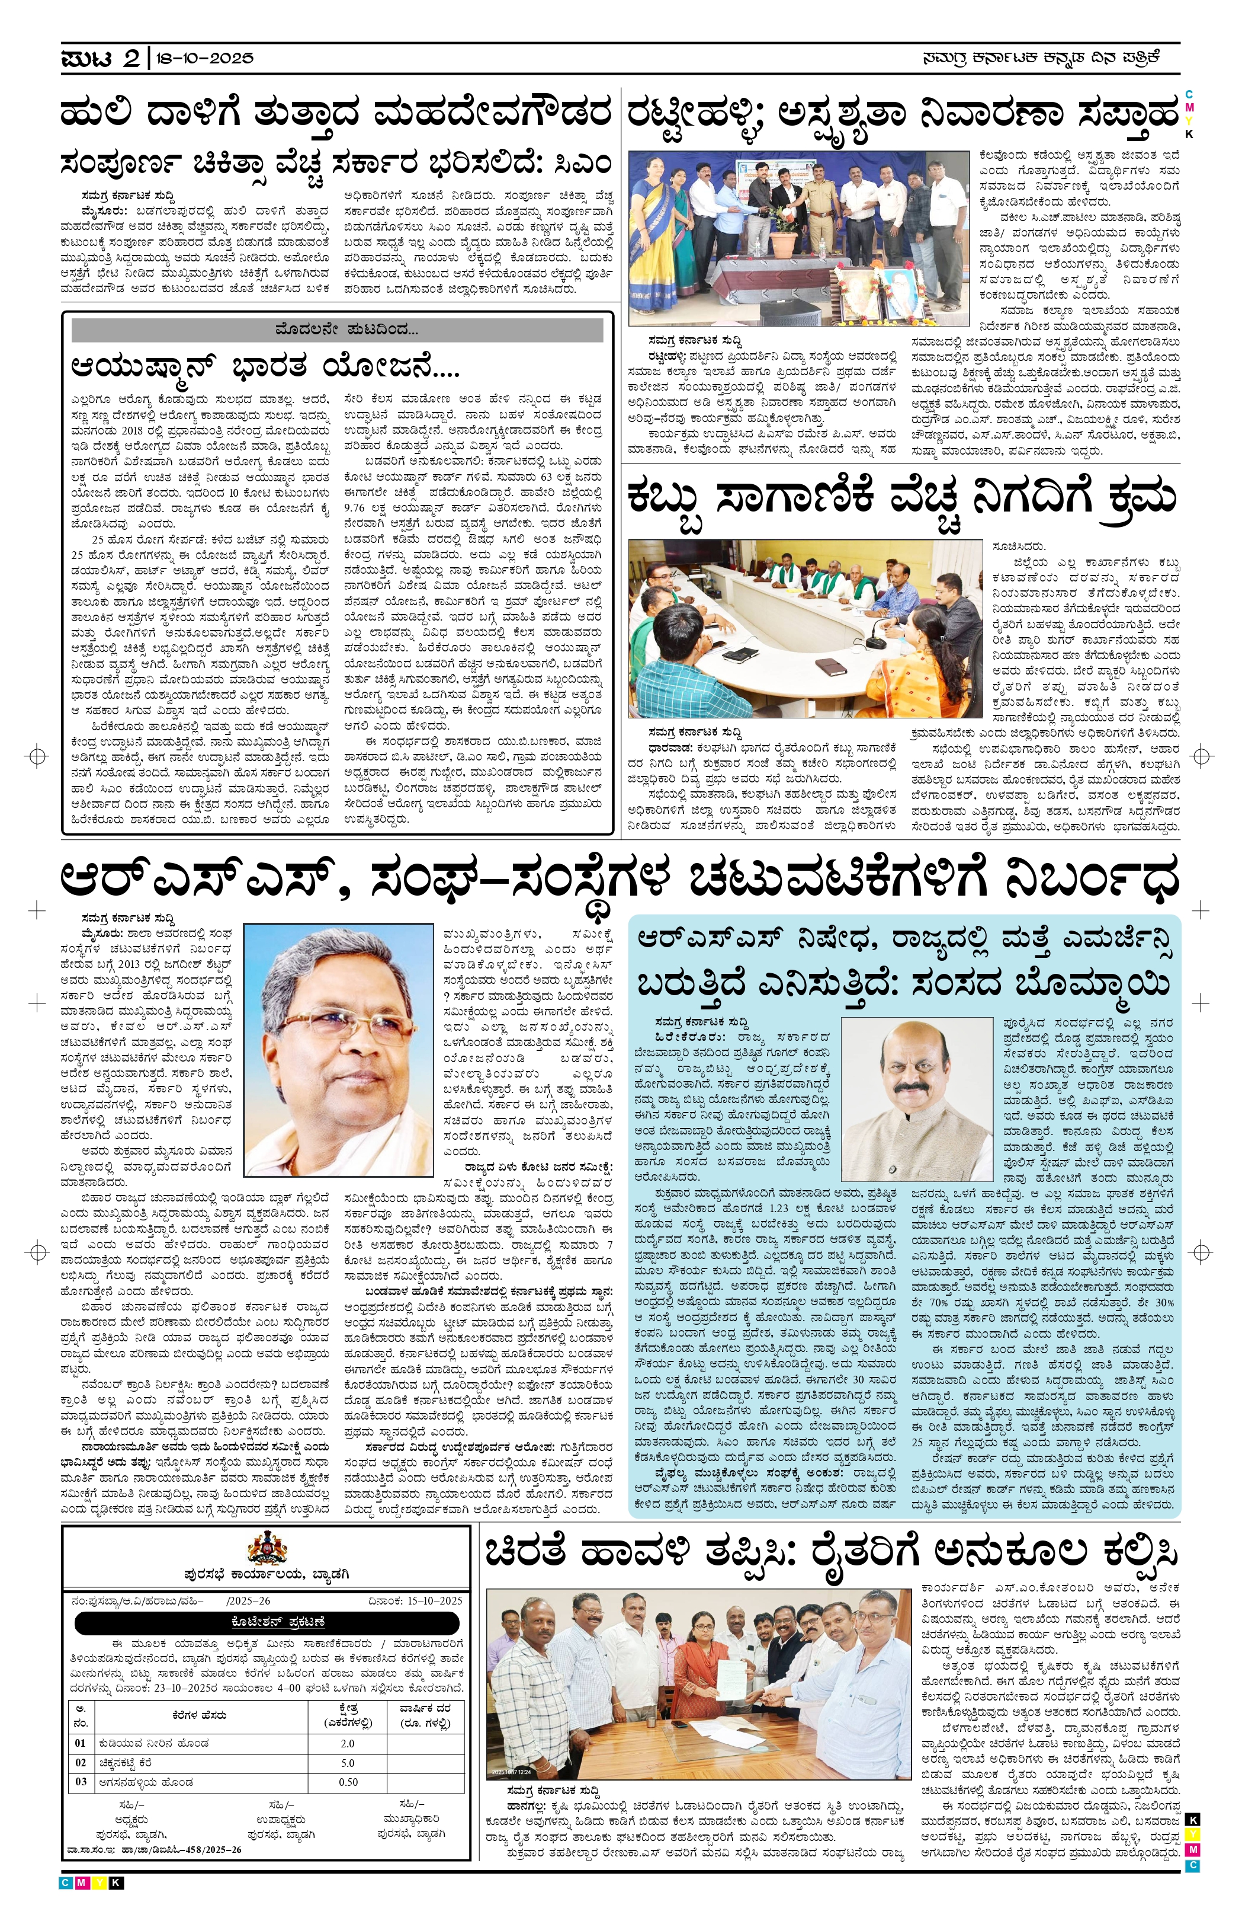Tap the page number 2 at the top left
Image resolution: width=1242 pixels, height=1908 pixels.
pyautogui.click(x=131, y=59)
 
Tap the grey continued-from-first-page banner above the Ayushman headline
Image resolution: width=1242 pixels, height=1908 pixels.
pyautogui.click(x=336, y=330)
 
